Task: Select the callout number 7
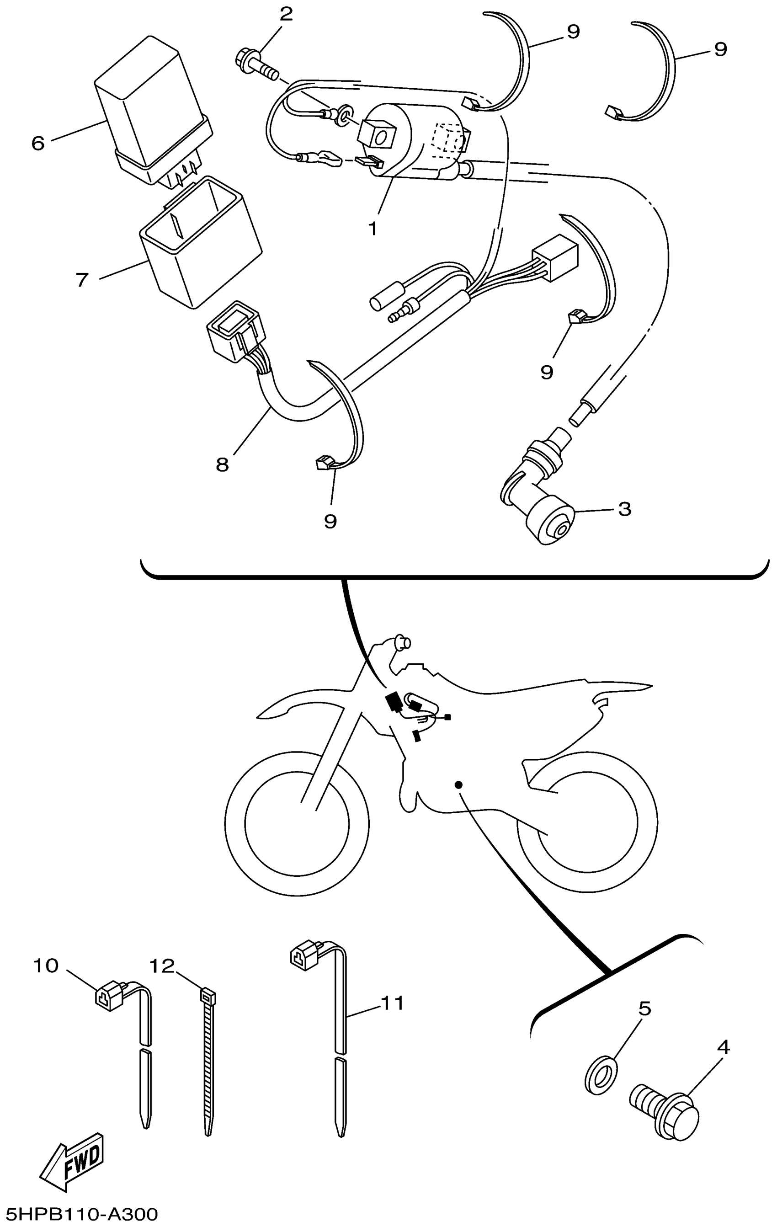tap(83, 280)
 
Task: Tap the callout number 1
tap(373, 229)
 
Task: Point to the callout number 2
tap(286, 14)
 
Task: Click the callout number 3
tap(625, 508)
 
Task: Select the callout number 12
tap(162, 966)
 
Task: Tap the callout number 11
tap(393, 1003)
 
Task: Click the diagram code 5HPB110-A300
tap(79, 1214)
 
